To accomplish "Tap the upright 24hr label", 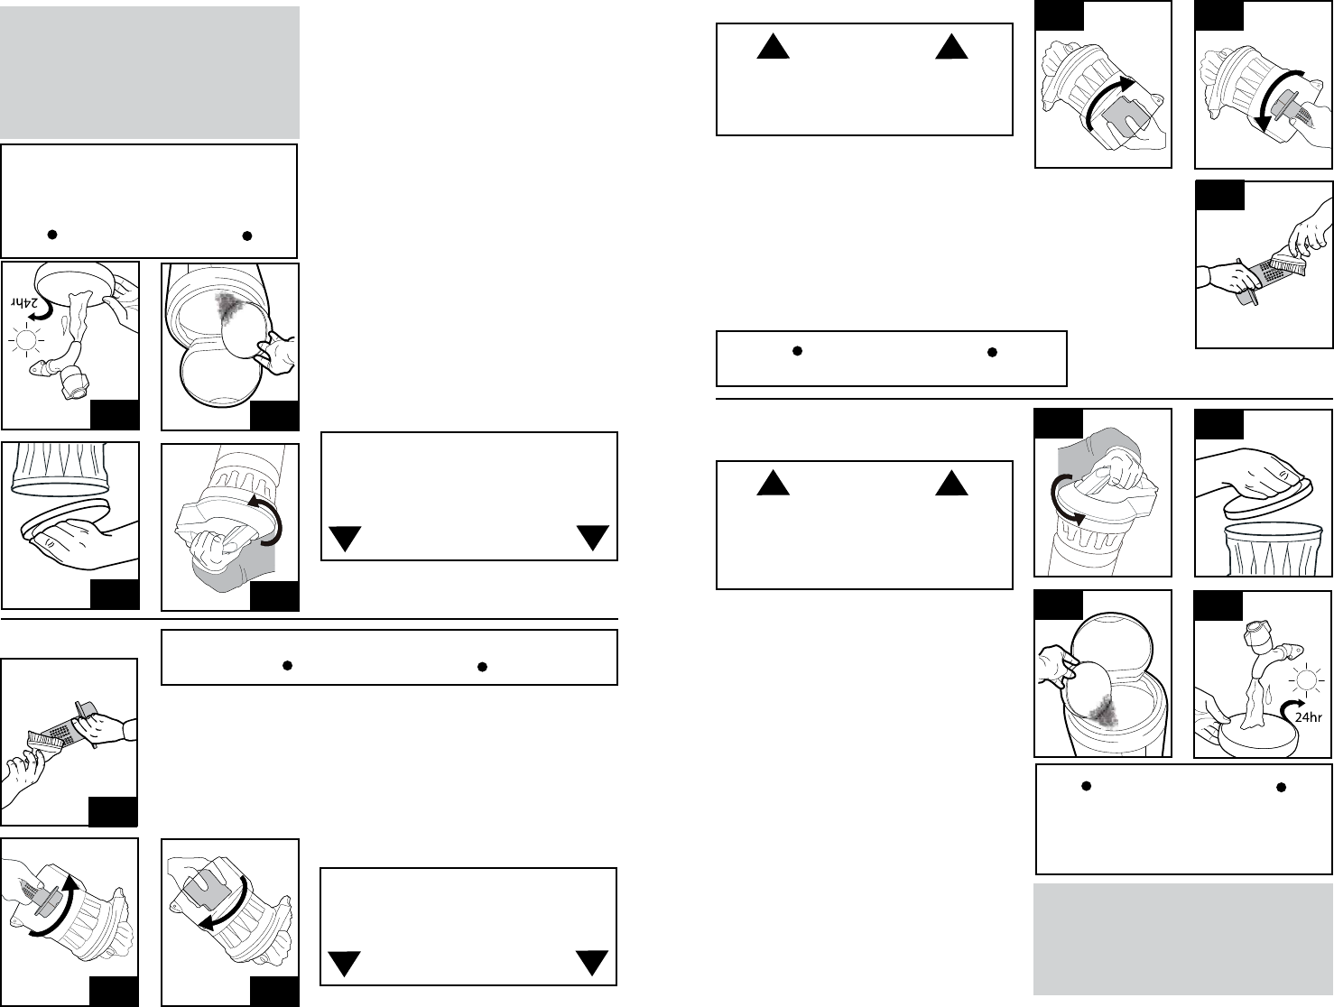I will pyautogui.click(x=1306, y=717).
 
